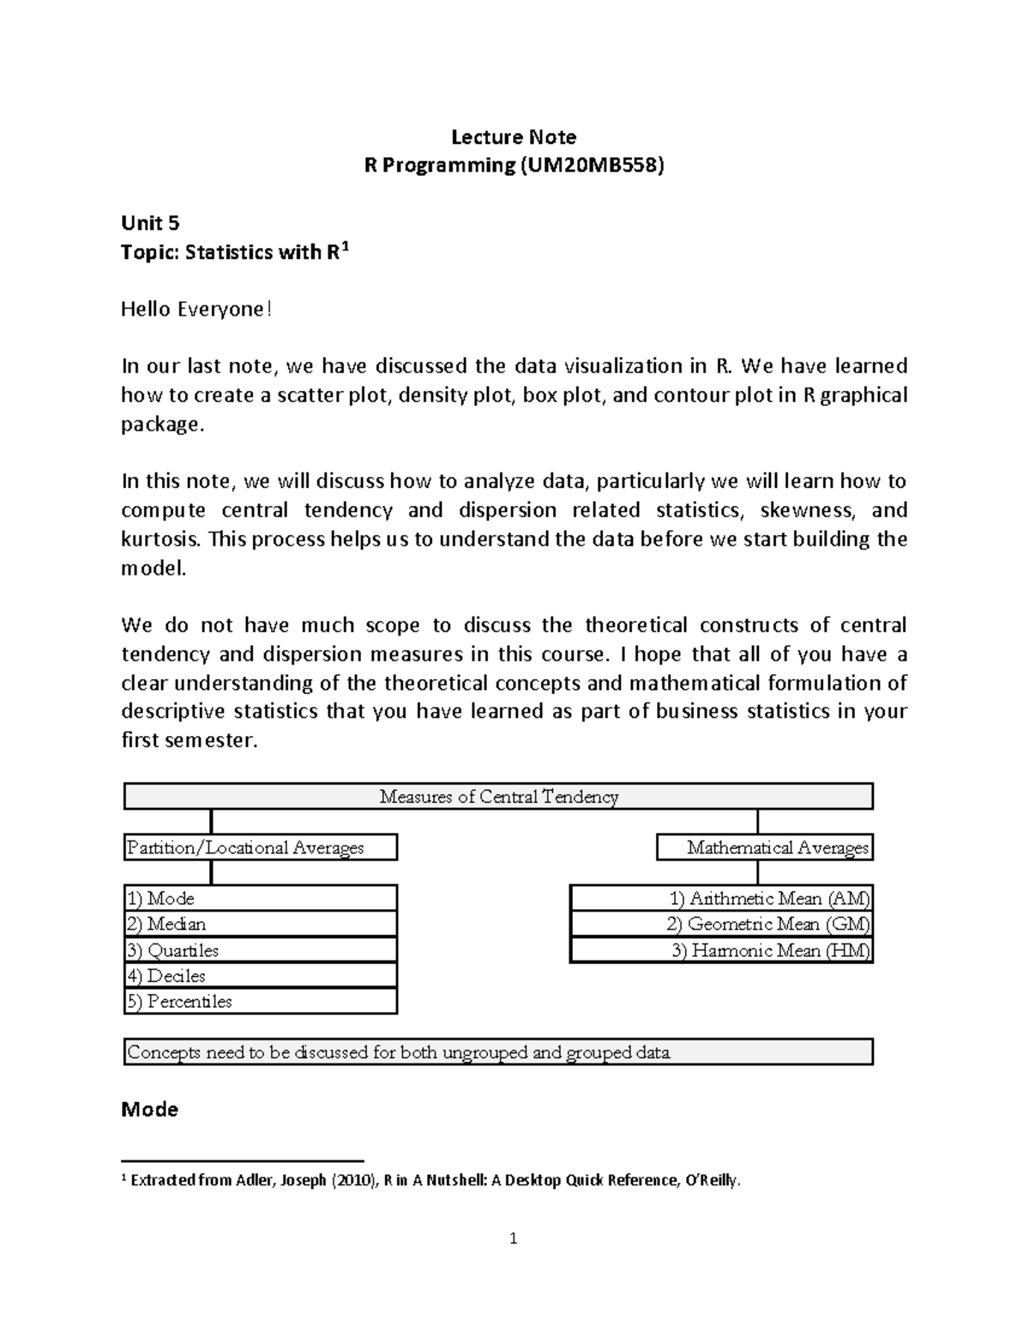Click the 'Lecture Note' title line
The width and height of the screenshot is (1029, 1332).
point(514,137)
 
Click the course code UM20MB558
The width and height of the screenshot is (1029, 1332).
point(591,166)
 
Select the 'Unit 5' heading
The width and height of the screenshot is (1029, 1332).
point(150,224)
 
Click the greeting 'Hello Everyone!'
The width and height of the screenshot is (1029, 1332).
point(196,310)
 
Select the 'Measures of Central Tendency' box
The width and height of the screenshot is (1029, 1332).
point(498,797)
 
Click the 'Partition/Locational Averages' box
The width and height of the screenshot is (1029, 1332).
point(260,847)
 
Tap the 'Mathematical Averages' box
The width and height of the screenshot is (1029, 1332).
point(765,847)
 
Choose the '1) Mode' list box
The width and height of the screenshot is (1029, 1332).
point(260,898)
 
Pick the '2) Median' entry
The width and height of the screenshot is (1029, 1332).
point(260,924)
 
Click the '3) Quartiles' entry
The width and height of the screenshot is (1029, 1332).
point(260,950)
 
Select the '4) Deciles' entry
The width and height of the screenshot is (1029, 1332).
point(260,975)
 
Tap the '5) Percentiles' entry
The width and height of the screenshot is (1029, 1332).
point(260,1001)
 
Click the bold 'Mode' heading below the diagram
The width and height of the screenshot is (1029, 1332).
point(150,1110)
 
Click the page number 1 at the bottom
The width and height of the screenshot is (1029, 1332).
point(513,1238)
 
